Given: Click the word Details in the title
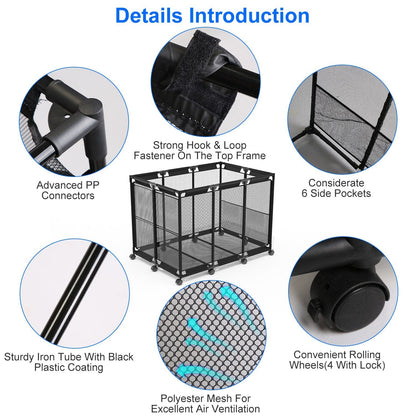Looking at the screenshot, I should [x=149, y=16].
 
